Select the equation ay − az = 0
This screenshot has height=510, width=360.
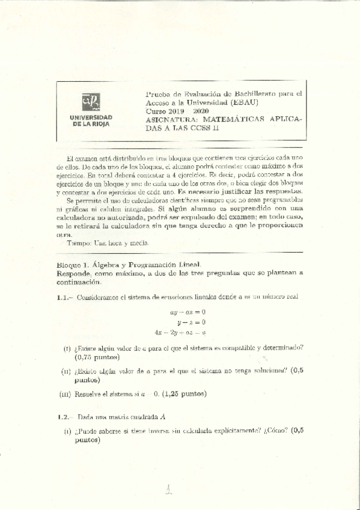coord(188,312)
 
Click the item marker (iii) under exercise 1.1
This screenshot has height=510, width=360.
coord(66,395)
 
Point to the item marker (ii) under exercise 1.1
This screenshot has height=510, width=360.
coord(66,371)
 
